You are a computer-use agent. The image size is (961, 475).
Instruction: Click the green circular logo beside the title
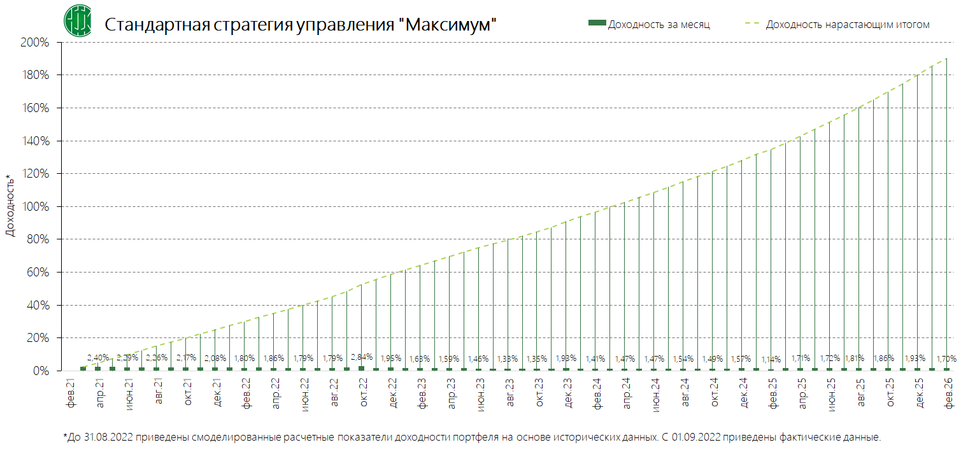77,20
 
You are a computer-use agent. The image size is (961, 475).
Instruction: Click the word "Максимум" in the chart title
450,25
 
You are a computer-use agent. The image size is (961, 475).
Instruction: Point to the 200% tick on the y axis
36,43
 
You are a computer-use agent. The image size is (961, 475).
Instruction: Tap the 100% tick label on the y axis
36,207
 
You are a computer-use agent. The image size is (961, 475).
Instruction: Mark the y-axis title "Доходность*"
10,205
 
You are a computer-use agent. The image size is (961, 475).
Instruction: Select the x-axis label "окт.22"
363,393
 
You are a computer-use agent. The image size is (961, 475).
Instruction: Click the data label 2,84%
362,357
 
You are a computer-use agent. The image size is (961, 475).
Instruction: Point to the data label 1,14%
771,358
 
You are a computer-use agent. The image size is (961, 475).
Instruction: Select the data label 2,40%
98,357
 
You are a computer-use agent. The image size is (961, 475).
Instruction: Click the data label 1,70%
947,358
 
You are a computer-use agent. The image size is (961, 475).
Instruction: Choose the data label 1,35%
537,358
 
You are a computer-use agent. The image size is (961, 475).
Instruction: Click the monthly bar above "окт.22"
362,368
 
